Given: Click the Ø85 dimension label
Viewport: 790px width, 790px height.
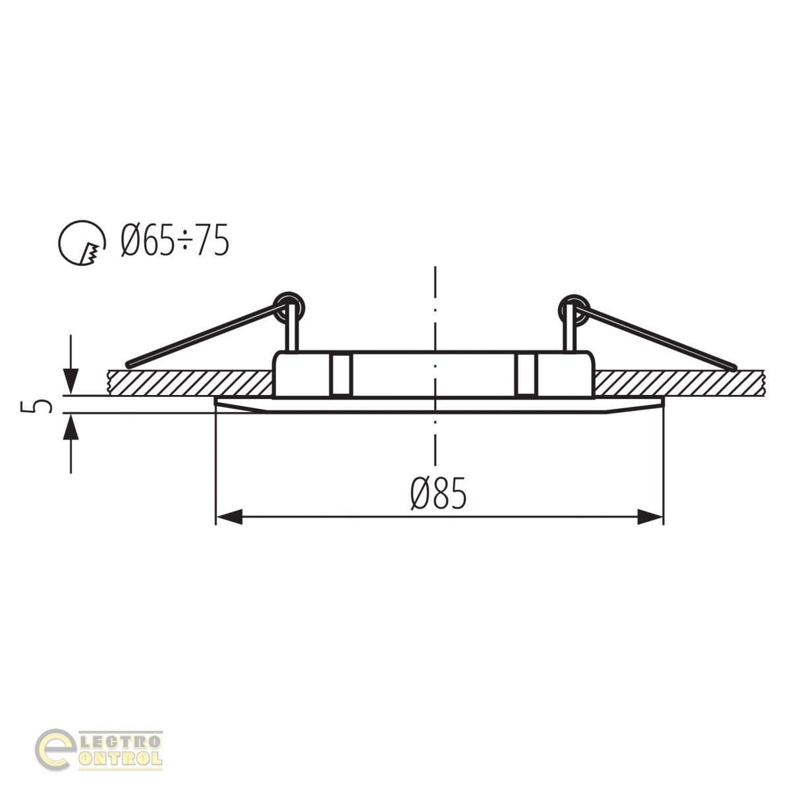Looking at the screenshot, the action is [x=438, y=493].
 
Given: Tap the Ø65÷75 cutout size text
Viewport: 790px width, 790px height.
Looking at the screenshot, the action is [x=175, y=241].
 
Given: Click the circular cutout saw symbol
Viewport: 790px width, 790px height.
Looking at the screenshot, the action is [x=82, y=243].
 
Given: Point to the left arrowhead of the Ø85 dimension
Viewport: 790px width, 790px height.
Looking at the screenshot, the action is [x=229, y=517].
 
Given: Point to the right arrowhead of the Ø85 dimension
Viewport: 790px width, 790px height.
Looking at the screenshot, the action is [x=650, y=517].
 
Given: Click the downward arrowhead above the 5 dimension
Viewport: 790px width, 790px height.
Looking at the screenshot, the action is [x=71, y=381].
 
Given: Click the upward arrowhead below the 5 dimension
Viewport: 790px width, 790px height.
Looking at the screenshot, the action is [x=71, y=427].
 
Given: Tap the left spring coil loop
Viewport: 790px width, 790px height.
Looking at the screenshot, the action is [x=291, y=306].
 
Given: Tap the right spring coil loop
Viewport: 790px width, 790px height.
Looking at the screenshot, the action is [x=574, y=308].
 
